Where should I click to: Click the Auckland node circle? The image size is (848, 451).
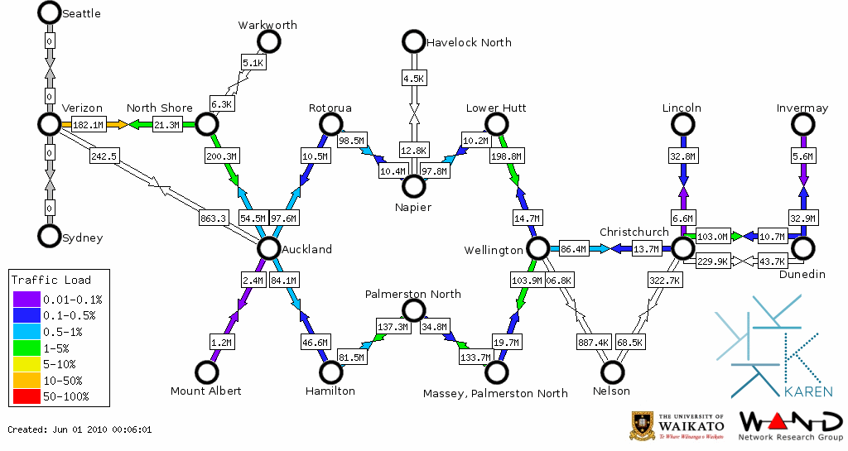(x=268, y=248)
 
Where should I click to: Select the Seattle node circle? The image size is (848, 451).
(x=50, y=12)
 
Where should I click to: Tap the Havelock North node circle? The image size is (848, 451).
(x=413, y=41)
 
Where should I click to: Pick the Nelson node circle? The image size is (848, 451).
(x=612, y=372)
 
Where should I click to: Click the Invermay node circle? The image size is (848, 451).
(x=802, y=124)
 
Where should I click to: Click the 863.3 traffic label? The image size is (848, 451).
(x=213, y=218)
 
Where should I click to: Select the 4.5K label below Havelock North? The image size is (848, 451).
(x=413, y=79)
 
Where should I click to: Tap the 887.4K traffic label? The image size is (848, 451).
(x=593, y=342)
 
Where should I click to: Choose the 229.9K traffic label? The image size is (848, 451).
(x=712, y=261)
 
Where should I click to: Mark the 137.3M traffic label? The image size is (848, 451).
(x=393, y=327)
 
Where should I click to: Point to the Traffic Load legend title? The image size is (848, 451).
(x=51, y=280)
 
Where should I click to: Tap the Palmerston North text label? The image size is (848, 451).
(x=413, y=294)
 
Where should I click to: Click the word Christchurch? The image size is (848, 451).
(x=634, y=232)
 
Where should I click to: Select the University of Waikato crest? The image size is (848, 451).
(x=643, y=425)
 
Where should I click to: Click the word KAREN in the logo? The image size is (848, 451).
(x=807, y=391)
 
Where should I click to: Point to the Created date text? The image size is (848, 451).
(x=79, y=429)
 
